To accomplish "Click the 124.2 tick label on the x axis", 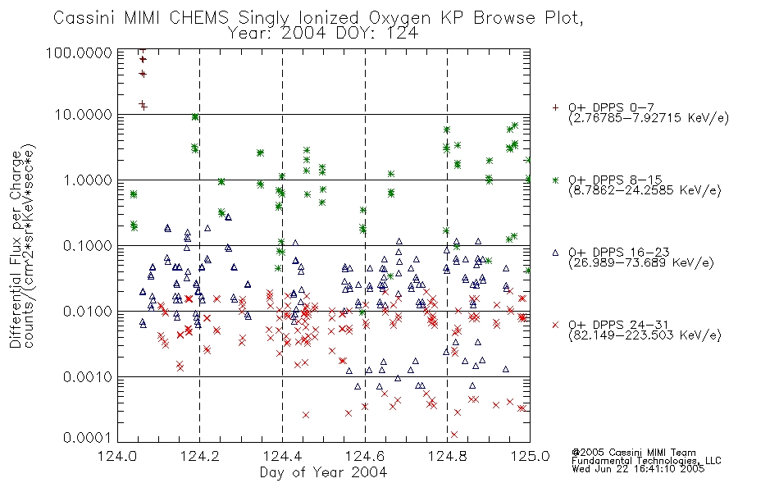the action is coord(200,456).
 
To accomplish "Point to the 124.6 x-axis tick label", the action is coord(365,456).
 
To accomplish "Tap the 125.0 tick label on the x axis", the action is coord(531,456).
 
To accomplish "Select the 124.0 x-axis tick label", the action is coord(117,456).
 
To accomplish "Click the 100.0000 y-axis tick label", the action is coord(80,53).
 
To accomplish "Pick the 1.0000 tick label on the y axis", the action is coord(88,180).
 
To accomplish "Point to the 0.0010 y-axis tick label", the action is coord(88,377).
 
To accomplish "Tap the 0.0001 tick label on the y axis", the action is coord(88,438).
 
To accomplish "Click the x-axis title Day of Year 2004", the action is coord(323,472).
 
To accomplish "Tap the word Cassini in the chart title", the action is coord(84,18).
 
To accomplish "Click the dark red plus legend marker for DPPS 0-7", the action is coord(555,107).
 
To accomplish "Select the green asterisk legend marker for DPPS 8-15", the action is coord(555,180).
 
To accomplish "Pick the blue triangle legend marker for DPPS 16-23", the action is coord(555,253).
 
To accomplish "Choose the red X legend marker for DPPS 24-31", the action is coord(555,325).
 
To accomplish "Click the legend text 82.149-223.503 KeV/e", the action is coord(645,335).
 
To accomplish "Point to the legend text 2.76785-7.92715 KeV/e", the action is coord(649,118).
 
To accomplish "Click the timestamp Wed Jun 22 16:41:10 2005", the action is coord(638,469).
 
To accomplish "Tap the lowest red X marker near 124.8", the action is coord(453,435).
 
